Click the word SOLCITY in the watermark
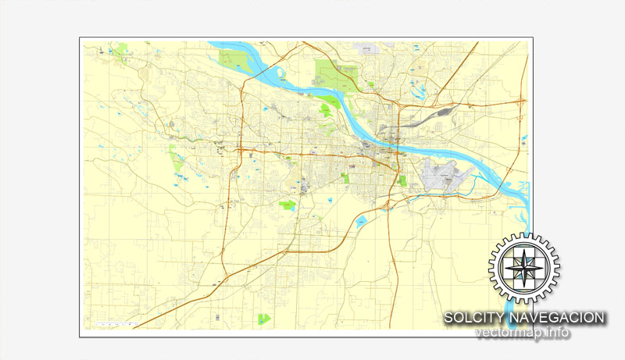coord(474,318)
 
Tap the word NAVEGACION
coord(556,318)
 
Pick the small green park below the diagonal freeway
coord(264,318)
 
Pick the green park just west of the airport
coord(402,180)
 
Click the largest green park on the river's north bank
coord(334,75)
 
